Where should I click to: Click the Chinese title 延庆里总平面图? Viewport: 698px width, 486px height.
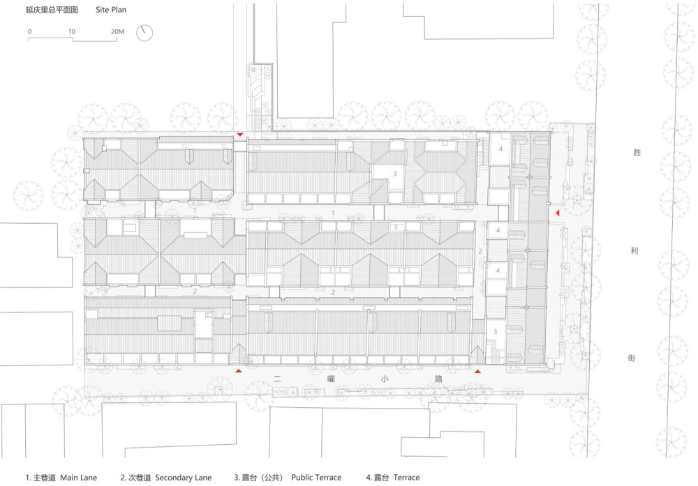(x=52, y=10)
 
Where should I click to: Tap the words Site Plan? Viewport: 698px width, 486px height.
(x=111, y=10)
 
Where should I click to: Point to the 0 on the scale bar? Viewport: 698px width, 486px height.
(x=30, y=31)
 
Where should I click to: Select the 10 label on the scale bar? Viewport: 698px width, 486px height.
(x=72, y=31)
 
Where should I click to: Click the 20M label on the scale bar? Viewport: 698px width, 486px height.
(x=117, y=31)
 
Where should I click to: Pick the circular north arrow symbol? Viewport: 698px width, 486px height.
(x=144, y=33)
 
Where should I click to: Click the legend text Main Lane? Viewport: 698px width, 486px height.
(x=78, y=478)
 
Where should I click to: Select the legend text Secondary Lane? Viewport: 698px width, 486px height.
(x=184, y=478)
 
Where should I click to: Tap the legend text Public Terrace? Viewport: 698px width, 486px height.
(x=316, y=478)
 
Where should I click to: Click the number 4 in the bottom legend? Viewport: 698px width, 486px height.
(x=368, y=478)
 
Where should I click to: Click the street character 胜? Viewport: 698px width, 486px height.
(x=637, y=153)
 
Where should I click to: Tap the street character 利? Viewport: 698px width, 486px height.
(x=634, y=251)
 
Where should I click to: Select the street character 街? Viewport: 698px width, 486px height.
(x=632, y=358)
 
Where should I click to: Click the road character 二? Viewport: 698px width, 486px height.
(x=277, y=379)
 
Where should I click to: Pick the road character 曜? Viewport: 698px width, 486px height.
(x=331, y=379)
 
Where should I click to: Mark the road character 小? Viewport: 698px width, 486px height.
(x=385, y=379)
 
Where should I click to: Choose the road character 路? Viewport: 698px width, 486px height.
(x=438, y=379)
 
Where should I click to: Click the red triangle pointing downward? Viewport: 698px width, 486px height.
(x=240, y=135)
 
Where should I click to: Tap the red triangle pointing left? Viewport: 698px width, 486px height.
(x=557, y=213)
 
